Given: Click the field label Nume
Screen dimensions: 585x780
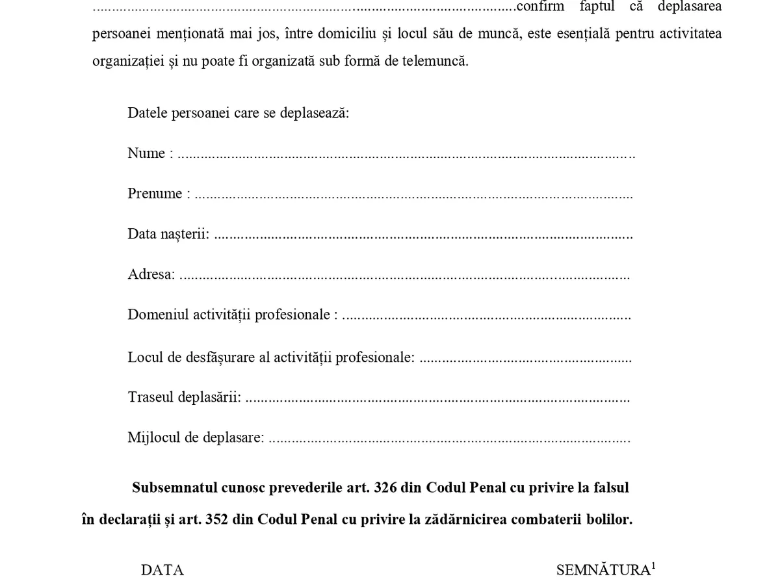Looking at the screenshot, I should tap(146, 153).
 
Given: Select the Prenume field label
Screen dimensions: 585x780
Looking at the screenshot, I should tap(155, 194).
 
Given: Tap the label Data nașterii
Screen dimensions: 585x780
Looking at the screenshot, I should tap(168, 234).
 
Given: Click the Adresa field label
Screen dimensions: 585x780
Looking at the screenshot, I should tap(151, 274).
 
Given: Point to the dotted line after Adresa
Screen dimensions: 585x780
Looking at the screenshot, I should tap(404, 276).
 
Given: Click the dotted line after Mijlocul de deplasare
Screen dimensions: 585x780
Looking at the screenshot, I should tap(448, 440).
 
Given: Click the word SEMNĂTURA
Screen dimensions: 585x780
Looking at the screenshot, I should tap(603, 570).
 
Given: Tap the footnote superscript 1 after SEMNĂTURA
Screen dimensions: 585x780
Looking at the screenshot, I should tap(653, 565).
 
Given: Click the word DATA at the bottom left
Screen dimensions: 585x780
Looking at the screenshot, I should tap(162, 570).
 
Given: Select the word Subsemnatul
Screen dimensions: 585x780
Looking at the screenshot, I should tap(172, 487).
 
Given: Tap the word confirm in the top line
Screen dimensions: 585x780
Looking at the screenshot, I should tap(539, 7).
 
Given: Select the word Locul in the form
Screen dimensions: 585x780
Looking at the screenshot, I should tap(144, 357).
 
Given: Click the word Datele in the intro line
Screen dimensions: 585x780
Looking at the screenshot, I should tap(148, 113).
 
